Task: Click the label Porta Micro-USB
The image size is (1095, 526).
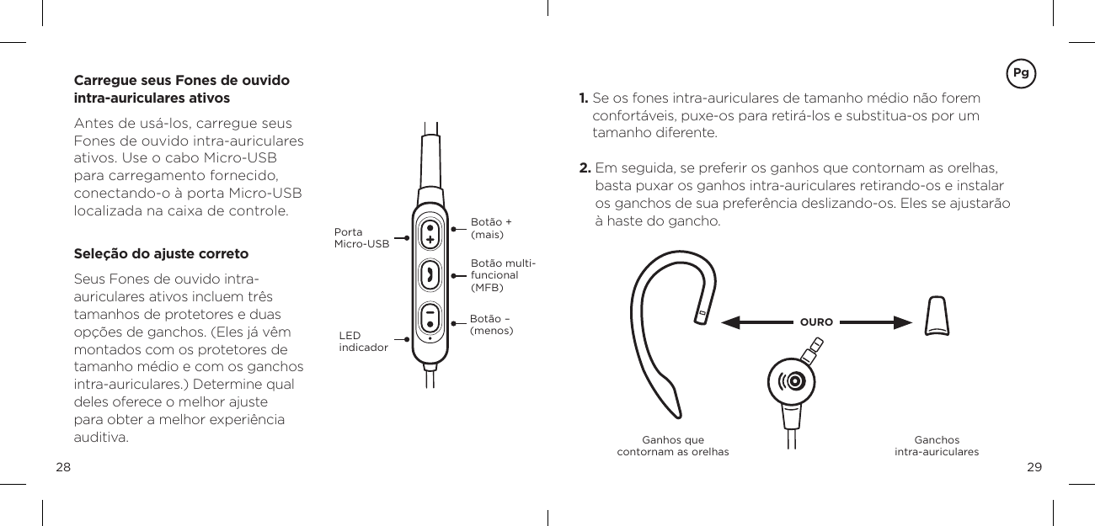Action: tap(361, 238)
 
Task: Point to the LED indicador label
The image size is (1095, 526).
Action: tap(363, 341)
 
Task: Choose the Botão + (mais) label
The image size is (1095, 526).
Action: tap(491, 228)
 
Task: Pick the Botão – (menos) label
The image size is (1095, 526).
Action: tap(491, 324)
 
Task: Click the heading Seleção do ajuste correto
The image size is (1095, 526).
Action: tap(162, 253)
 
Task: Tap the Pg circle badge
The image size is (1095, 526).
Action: tap(1021, 72)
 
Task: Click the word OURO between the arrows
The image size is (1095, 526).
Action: tap(816, 322)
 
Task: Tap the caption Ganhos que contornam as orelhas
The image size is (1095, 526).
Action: tap(673, 446)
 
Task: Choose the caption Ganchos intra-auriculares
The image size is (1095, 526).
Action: tap(937, 446)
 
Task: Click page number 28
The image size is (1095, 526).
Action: tap(63, 467)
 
